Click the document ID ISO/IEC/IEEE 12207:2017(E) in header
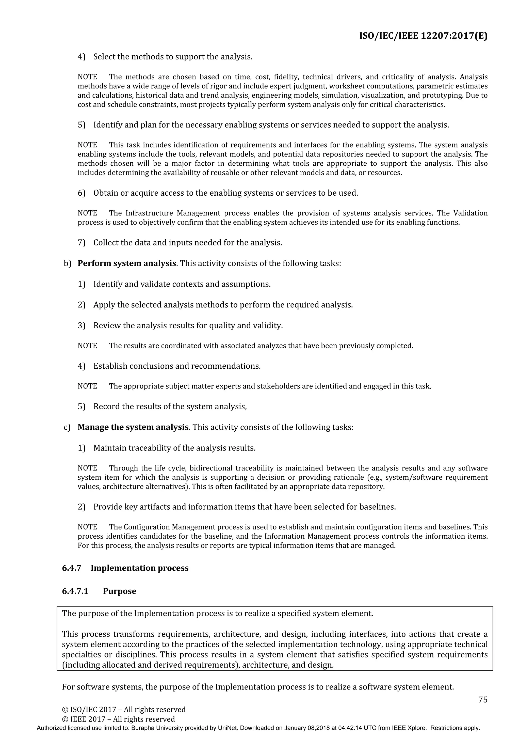(x=423, y=36)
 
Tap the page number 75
(x=482, y=699)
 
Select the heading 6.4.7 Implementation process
(x=125, y=568)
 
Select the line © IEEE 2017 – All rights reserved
(x=118, y=719)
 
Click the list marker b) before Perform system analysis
(x=67, y=263)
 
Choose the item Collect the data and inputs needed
(x=187, y=243)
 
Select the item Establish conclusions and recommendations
(x=177, y=366)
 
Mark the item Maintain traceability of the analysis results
(x=174, y=448)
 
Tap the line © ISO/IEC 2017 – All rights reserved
(x=124, y=709)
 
